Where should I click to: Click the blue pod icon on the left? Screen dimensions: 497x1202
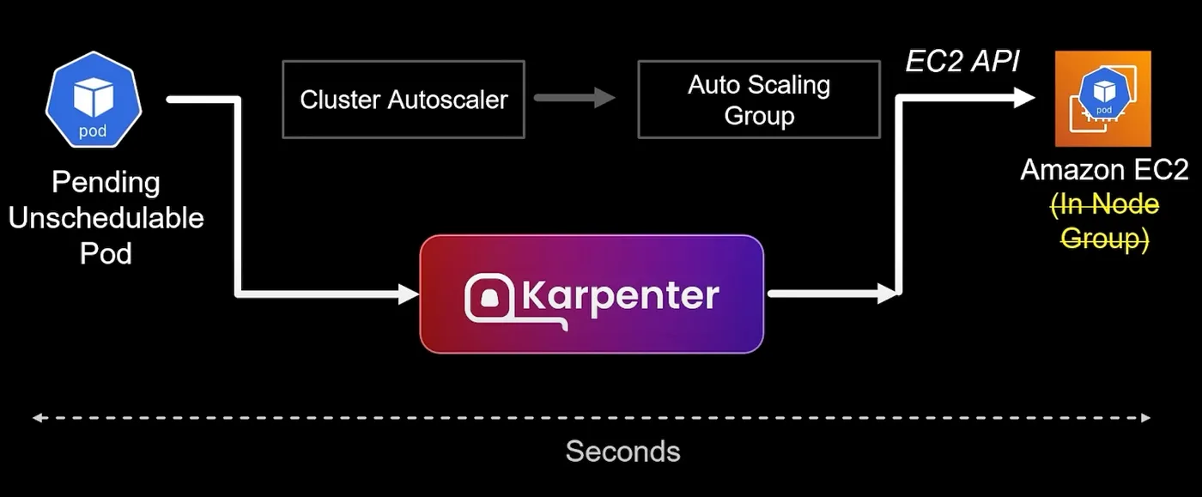click(x=93, y=101)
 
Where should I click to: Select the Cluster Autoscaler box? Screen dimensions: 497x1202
click(x=403, y=100)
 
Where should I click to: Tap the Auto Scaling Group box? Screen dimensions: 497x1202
click(x=758, y=100)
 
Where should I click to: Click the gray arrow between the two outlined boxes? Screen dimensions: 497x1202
click(x=575, y=98)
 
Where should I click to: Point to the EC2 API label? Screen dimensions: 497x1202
click(x=962, y=62)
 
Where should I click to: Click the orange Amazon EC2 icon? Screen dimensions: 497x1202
click(x=1102, y=99)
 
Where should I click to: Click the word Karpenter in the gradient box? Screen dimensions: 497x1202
click(x=620, y=295)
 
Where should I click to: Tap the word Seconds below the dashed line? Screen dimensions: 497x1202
click(x=622, y=452)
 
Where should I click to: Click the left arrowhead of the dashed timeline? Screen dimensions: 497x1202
click(x=38, y=418)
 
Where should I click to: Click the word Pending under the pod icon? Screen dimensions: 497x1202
click(x=106, y=183)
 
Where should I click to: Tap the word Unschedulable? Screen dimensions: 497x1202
click(x=106, y=218)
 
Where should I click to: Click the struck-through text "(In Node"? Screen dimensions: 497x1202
click(x=1104, y=205)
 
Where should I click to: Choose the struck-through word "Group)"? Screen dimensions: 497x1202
click(x=1104, y=238)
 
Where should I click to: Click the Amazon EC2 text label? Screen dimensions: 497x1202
click(x=1104, y=170)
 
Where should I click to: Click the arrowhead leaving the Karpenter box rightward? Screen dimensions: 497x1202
click(x=888, y=294)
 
